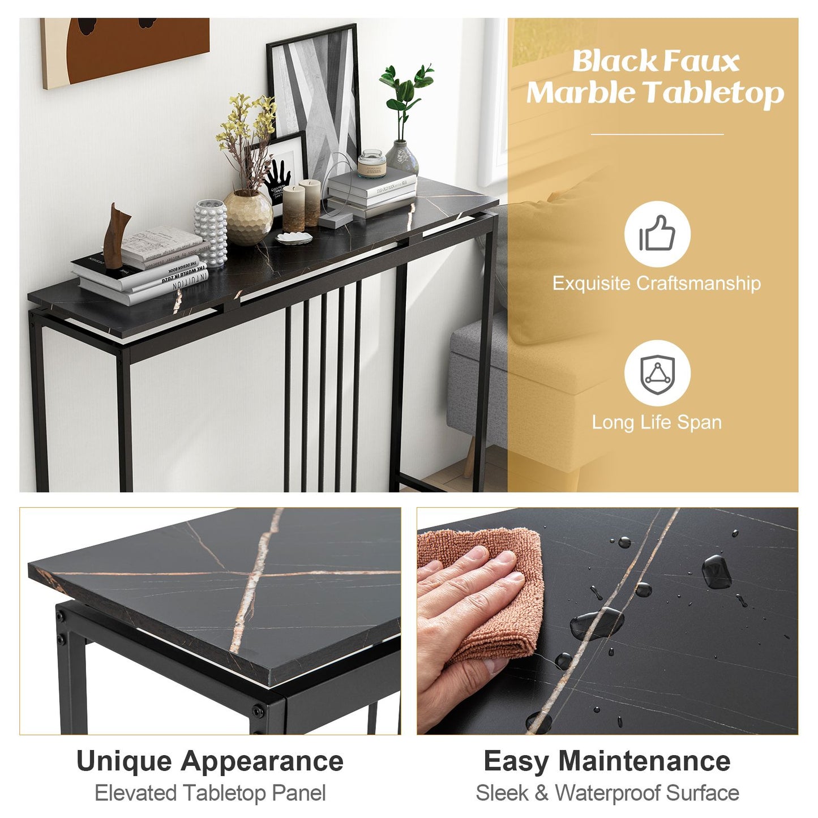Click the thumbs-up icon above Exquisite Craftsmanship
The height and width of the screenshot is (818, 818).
[657, 233]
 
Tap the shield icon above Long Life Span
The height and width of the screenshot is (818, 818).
[657, 373]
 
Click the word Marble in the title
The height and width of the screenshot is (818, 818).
[580, 93]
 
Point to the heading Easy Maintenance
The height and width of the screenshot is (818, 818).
[607, 761]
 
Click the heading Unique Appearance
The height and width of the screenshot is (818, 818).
[210, 761]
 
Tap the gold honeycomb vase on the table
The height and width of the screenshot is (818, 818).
[248, 217]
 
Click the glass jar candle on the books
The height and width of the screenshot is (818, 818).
[371, 164]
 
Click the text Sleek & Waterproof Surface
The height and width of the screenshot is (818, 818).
[607, 793]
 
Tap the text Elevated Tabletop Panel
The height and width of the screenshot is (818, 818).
[210, 793]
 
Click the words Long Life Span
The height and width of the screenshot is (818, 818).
[657, 422]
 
